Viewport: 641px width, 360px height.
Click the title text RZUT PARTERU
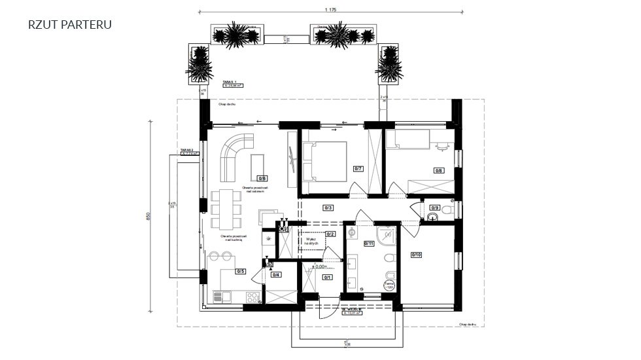coord(70,25)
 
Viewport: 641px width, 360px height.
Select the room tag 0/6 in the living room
coord(262,177)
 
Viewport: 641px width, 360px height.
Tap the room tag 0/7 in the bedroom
coord(358,168)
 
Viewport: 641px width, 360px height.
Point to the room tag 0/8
coord(438,170)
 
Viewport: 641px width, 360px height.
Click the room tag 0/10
coord(416,255)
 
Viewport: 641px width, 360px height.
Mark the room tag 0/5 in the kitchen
coord(240,271)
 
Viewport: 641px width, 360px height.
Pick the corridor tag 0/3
coord(328,208)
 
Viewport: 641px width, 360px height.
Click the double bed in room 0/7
coord(325,161)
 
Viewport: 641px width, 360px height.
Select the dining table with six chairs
coord(226,209)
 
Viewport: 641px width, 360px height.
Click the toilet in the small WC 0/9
coord(447,211)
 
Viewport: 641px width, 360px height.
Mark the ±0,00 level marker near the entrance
coord(319,266)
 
